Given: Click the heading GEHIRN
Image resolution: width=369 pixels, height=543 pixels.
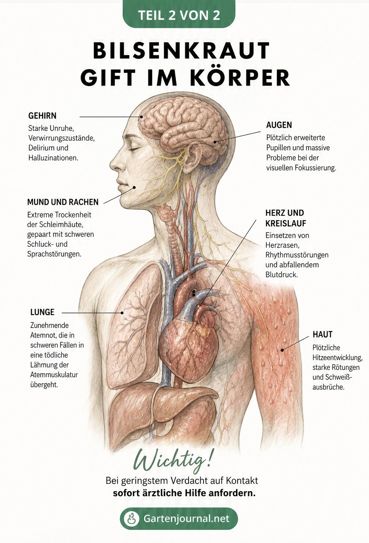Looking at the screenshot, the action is [42, 116].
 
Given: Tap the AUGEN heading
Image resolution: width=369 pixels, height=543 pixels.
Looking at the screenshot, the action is [279, 125].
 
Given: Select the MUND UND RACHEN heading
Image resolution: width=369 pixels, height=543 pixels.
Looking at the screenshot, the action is [63, 202].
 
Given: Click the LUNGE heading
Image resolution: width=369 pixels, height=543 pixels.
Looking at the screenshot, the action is [42, 312].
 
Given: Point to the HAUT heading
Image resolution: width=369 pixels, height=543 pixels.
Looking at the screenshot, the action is [323, 335].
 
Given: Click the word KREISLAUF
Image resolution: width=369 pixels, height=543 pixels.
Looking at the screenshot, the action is [286, 223].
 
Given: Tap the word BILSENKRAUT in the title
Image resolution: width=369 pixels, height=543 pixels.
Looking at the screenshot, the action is [182, 50].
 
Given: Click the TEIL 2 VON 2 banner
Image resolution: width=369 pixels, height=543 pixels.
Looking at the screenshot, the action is [179, 14].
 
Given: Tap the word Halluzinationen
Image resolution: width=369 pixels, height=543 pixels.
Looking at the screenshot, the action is [53, 158].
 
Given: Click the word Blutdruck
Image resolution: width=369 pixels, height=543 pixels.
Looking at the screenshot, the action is [282, 275].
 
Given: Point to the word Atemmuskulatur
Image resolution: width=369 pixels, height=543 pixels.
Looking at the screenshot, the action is [54, 374].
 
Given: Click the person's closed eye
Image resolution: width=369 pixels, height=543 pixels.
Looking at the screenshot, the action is [134, 150].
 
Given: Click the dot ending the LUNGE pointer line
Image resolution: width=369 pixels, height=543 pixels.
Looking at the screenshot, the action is [122, 313].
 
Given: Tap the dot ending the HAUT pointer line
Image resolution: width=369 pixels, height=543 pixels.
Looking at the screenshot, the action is [282, 350].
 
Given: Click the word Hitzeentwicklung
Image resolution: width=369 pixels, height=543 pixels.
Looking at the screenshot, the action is [338, 358].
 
